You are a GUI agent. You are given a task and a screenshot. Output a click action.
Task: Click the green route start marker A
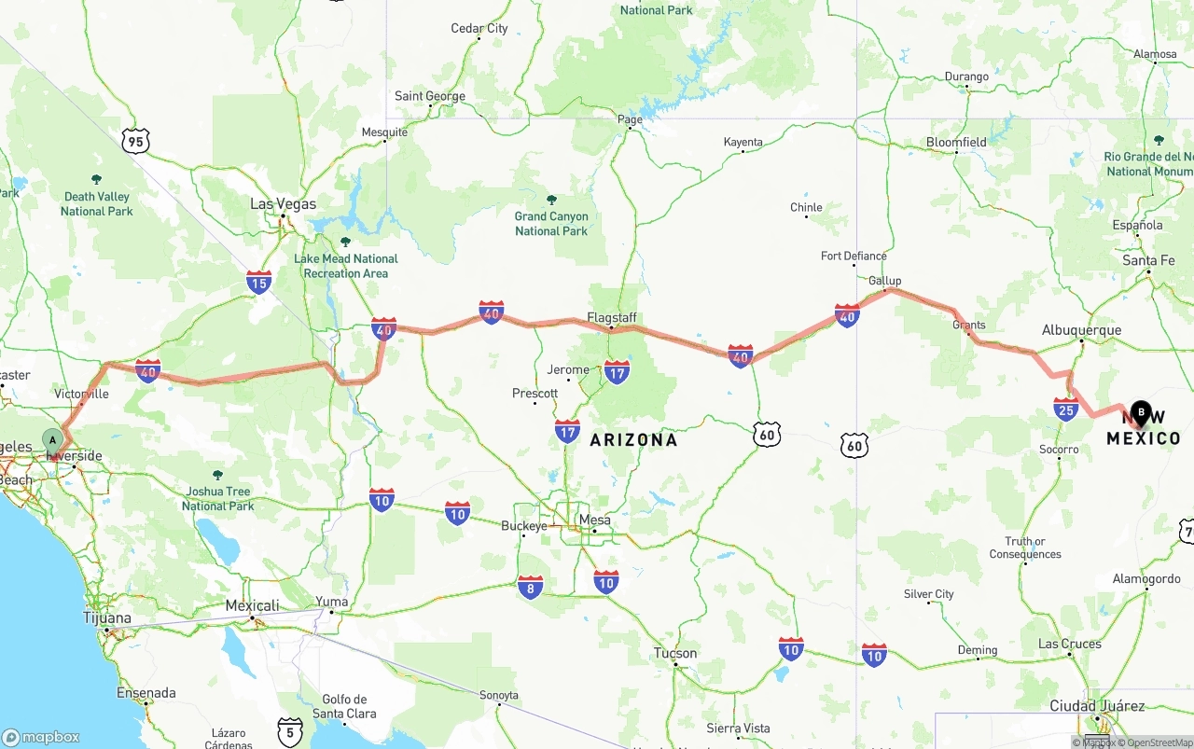coord(54,439)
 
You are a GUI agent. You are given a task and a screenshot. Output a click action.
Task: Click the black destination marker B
coord(1140,412)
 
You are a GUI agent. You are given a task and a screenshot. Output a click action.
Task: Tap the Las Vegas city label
coord(283,204)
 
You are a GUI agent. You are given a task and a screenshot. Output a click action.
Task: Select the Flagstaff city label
coord(612,318)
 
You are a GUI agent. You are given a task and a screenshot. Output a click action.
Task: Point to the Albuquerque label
coord(1081,330)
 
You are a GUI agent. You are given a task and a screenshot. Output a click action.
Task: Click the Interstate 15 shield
coord(259,283)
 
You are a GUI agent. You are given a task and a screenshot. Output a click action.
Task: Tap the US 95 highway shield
coord(136,142)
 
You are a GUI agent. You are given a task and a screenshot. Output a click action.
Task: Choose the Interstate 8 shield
coord(531,587)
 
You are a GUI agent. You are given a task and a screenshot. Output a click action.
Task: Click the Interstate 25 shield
coord(1066,409)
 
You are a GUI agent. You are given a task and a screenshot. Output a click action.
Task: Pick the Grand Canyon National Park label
coord(551,223)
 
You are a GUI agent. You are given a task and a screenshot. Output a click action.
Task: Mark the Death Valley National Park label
coord(97,203)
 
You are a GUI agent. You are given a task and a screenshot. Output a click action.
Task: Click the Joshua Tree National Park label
coord(217,498)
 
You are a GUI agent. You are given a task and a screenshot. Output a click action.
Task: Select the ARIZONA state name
coord(633,439)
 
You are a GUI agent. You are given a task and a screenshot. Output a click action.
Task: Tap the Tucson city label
coord(675,653)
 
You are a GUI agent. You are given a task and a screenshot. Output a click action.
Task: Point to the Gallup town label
coord(884,281)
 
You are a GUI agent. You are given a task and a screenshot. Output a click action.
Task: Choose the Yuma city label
coord(331,602)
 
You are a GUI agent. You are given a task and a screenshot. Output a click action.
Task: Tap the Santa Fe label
coord(1148,260)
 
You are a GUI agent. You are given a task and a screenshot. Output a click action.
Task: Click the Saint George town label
coord(429,96)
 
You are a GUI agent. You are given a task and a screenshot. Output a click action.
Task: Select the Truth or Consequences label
coord(1025,548)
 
